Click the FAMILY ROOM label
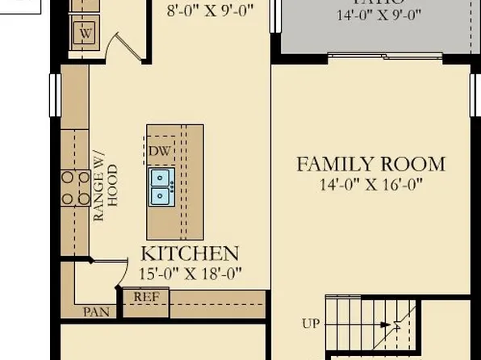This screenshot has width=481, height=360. click(x=370, y=165)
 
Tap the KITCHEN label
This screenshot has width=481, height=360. click(x=190, y=253)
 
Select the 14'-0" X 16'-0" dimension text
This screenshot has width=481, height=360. click(x=370, y=184)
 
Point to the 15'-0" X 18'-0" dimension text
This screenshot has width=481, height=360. click(x=190, y=273)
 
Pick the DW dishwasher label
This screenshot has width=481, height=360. click(x=158, y=151)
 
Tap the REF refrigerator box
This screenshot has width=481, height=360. click(x=146, y=296)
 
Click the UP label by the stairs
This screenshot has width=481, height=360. click(x=311, y=324)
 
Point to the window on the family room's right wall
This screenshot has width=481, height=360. click(x=474, y=93)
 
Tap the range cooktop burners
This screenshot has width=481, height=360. click(x=75, y=187)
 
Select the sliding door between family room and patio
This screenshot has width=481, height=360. click(x=384, y=56)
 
